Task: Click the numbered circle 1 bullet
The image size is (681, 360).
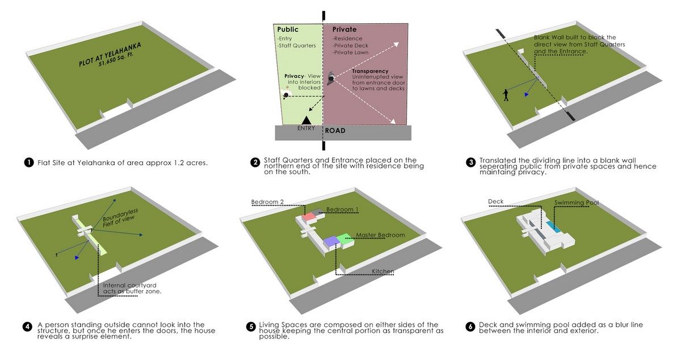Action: (28, 163)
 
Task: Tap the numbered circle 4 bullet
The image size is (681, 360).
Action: (28, 326)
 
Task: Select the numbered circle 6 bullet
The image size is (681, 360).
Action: (470, 326)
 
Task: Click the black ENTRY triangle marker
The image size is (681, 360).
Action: (306, 120)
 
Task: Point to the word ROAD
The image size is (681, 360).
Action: (335, 131)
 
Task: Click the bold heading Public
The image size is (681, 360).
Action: (287, 30)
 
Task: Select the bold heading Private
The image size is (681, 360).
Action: (344, 30)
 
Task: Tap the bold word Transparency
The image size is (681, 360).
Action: (370, 71)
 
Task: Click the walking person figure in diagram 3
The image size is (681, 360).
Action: (506, 95)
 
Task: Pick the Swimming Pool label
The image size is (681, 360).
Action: (577, 202)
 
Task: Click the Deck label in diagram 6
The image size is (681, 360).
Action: (495, 202)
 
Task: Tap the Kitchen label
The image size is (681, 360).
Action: (383, 271)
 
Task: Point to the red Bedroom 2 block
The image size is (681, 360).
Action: (309, 217)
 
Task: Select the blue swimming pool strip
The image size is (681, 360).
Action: (555, 228)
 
